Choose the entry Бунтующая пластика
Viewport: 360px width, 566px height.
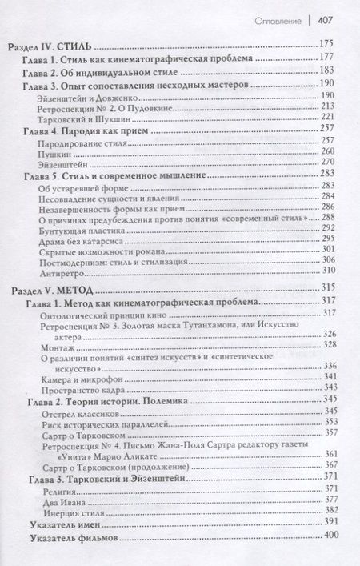pyautogui.click(x=88, y=227)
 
